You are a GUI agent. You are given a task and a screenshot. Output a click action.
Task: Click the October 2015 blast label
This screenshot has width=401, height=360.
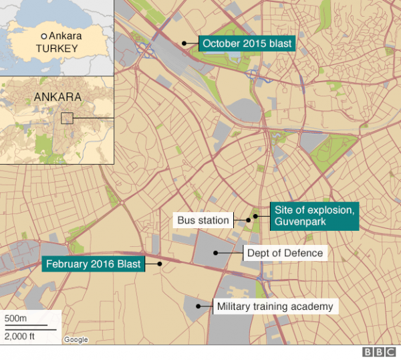(247, 43)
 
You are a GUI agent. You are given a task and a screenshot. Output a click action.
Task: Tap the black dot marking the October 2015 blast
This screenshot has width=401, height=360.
(184, 43)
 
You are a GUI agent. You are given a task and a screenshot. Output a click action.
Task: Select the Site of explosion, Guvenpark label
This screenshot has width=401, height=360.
(314, 216)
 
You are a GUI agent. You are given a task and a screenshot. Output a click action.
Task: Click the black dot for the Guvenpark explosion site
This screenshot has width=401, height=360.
(255, 217)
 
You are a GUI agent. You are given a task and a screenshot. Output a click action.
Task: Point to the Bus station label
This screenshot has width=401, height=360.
(203, 220)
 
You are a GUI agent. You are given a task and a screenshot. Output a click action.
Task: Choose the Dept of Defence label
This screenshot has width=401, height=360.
(285, 253)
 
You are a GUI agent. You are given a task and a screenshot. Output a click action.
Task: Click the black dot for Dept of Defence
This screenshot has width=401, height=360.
(215, 252)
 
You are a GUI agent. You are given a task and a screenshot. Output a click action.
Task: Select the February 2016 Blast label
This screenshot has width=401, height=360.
(93, 264)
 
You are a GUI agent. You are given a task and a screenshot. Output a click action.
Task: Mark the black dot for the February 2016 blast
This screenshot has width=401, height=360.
(160, 264)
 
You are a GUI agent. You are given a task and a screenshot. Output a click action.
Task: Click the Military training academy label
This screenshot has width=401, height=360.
(274, 307)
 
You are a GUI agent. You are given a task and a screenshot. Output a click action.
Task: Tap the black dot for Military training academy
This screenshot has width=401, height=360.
(198, 306)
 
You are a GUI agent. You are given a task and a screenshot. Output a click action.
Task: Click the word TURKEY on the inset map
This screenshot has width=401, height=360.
(57, 49)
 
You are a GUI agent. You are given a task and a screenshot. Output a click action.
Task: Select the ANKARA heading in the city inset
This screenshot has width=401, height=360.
(57, 97)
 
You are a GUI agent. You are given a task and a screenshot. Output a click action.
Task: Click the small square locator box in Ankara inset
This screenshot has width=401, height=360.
(66, 118)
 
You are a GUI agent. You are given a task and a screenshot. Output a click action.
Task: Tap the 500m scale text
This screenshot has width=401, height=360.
(16, 317)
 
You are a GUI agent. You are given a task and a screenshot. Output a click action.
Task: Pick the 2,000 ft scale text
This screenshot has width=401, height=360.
(20, 335)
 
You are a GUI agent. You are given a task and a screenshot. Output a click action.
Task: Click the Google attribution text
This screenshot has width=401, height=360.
(76, 340)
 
